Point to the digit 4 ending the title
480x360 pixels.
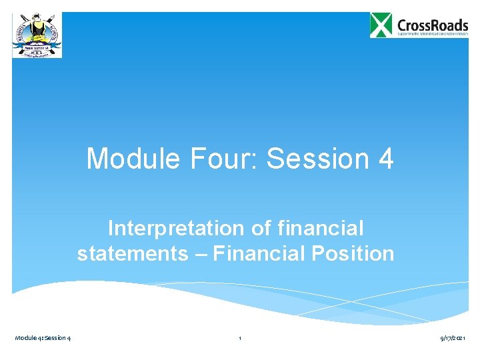click(x=385, y=159)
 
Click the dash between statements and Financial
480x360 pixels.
click(x=199, y=254)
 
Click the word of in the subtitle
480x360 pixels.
click(x=262, y=229)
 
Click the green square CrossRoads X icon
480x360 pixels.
click(x=381, y=25)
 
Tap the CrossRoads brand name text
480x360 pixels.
click(x=432, y=21)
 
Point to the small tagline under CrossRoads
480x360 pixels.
click(x=432, y=33)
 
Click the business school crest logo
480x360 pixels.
click(x=37, y=35)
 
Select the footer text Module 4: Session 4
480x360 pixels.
click(x=43, y=339)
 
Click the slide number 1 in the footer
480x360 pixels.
click(x=240, y=339)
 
